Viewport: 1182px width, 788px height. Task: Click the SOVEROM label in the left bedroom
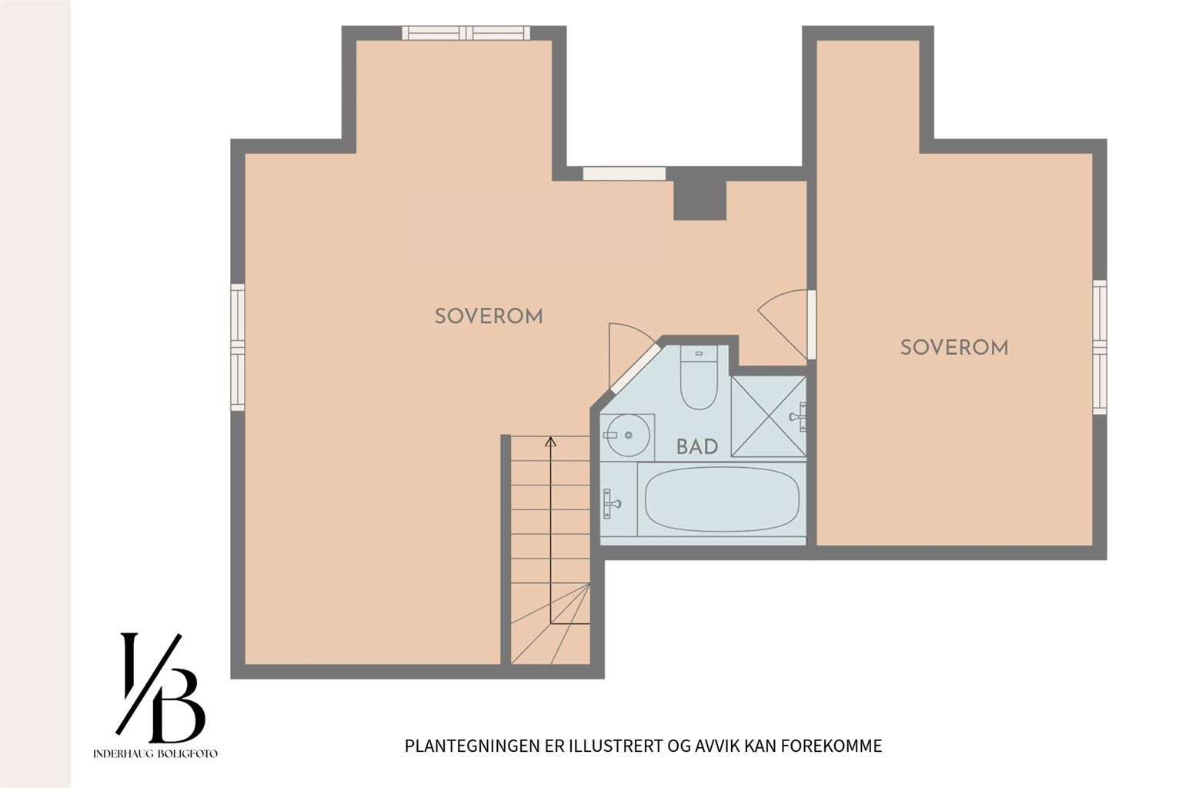(489, 316)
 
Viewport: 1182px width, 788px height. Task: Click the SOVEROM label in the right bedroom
(954, 347)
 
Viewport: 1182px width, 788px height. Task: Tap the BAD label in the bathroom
(697, 446)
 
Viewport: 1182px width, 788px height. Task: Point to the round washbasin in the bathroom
(626, 436)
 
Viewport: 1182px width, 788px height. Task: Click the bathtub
(721, 501)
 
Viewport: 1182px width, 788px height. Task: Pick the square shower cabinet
(768, 416)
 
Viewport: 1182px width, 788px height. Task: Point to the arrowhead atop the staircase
(550, 442)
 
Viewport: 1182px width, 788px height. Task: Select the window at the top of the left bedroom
(466, 32)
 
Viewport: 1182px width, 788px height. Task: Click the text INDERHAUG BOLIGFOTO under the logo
(155, 753)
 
